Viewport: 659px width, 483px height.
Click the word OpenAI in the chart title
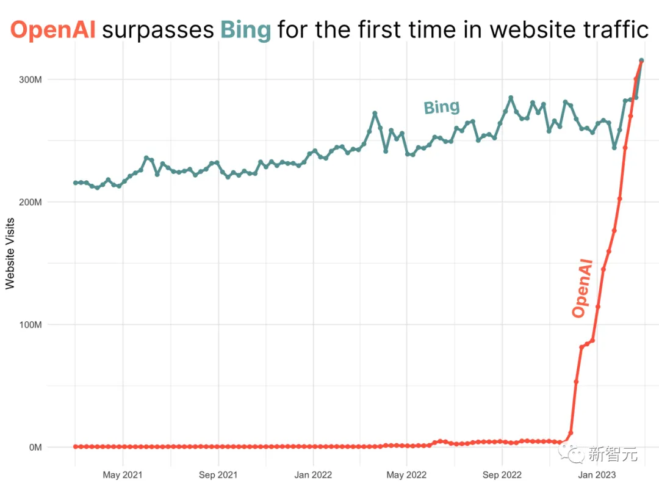click(53, 29)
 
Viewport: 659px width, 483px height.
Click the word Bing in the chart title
click(245, 29)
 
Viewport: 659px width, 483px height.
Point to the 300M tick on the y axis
click(29, 79)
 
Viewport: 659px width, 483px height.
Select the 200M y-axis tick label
click(29, 202)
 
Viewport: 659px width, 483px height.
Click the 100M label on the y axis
click(29, 324)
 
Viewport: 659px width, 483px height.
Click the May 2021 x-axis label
click(123, 474)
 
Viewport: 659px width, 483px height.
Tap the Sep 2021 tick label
click(218, 474)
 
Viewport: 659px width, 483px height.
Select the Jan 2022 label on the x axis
click(313, 474)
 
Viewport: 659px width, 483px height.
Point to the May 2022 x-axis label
click(407, 474)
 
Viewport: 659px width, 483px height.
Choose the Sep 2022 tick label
click(502, 474)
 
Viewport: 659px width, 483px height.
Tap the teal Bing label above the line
click(441, 107)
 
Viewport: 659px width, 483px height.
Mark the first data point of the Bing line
click(76, 183)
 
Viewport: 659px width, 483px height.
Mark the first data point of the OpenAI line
click(76, 446)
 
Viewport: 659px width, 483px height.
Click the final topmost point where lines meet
click(641, 60)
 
